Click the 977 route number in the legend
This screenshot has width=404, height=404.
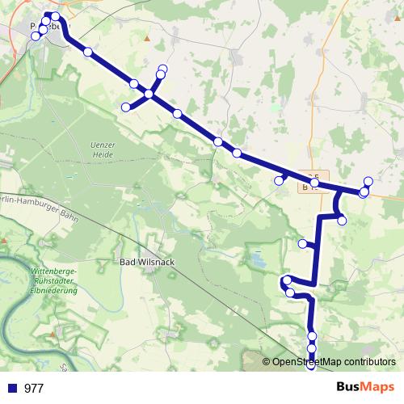pos(34,388)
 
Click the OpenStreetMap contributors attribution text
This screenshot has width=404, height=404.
pos(335,362)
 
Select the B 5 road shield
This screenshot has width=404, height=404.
pos(314,178)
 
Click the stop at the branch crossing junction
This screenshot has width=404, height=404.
pos(149,96)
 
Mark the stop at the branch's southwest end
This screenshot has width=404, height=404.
pos(125,107)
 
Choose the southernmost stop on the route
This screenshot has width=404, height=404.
pos(312,367)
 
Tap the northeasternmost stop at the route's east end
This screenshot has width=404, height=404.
pos(368,181)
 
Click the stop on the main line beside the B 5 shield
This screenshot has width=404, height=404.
pos(314,184)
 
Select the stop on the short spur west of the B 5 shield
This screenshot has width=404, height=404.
pos(279,181)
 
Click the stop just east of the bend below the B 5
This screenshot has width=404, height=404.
pos(342,221)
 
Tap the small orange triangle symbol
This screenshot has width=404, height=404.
pos(146,37)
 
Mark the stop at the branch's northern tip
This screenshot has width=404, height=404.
pos(163,69)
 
